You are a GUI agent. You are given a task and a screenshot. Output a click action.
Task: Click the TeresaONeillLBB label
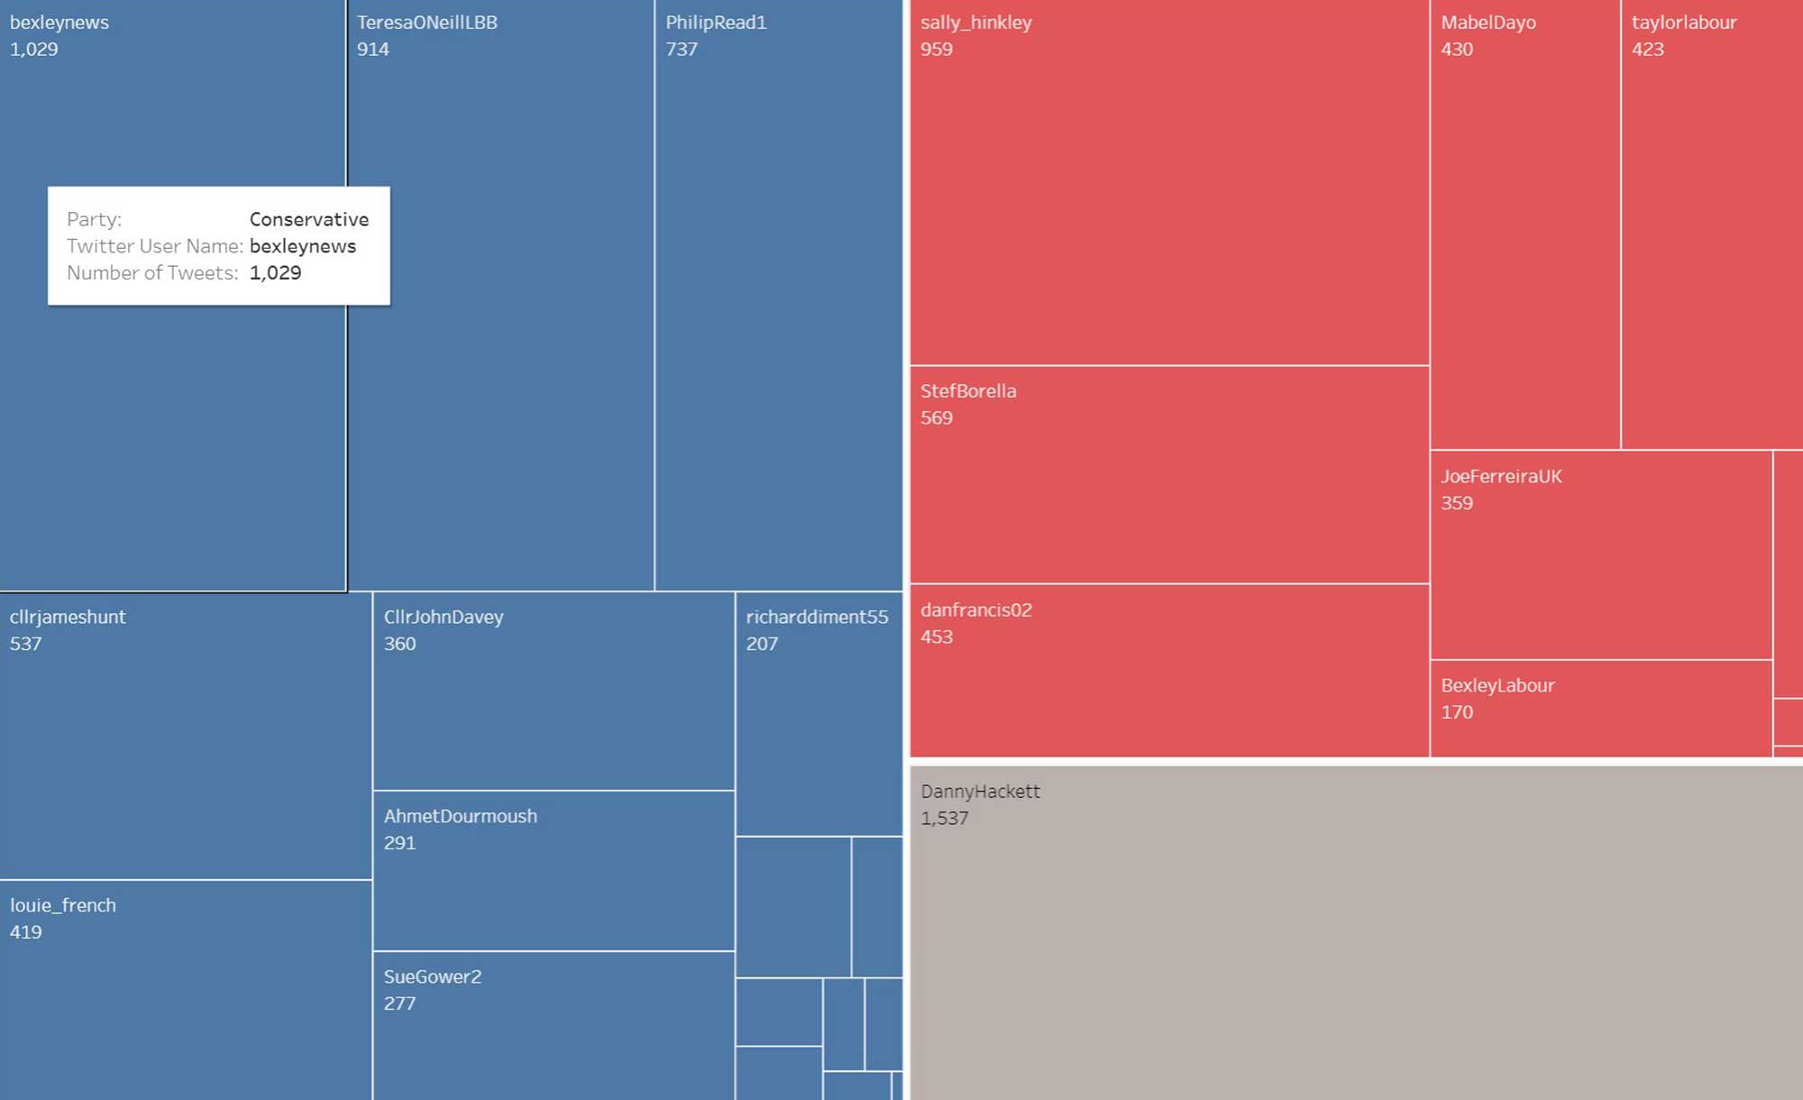(x=426, y=23)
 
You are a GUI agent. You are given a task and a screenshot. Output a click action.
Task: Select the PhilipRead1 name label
(x=716, y=23)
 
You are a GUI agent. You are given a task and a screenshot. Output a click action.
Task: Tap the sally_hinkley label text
(x=975, y=23)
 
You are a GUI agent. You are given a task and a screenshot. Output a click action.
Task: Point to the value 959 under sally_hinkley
(x=936, y=50)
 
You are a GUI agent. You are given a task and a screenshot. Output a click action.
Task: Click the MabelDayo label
(x=1487, y=23)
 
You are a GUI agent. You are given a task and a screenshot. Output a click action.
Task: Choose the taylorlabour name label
(x=1683, y=23)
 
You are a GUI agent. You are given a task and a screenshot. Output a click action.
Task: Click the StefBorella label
(x=967, y=391)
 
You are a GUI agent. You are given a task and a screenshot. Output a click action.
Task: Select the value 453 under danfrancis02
(x=936, y=637)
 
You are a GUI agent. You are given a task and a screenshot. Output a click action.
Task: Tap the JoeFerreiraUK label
(x=1500, y=477)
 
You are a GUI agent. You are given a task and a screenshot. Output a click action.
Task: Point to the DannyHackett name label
(x=980, y=792)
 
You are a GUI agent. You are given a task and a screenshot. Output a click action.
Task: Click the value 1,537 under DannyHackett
(x=944, y=819)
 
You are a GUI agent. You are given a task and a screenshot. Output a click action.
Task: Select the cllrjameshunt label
(x=68, y=618)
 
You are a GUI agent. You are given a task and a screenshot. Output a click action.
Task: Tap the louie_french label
(x=62, y=906)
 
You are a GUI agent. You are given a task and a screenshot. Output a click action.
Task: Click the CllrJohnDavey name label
(x=443, y=618)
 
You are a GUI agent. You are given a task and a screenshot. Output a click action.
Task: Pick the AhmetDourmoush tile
(x=553, y=871)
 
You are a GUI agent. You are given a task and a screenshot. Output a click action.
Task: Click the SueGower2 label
(x=432, y=977)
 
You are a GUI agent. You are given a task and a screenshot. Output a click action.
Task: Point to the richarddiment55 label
(x=816, y=618)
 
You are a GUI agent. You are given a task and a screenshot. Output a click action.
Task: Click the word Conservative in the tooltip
(x=308, y=220)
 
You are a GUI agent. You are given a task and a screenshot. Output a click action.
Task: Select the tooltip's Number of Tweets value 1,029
(x=275, y=273)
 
